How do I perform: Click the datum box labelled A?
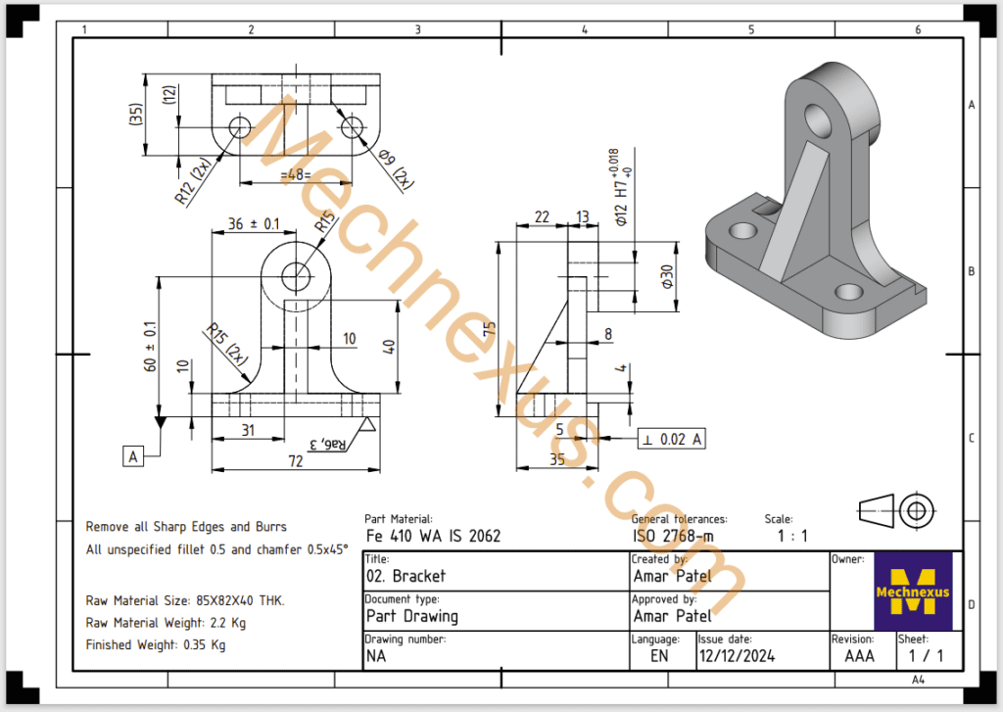[132, 454]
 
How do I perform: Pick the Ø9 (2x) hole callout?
[393, 167]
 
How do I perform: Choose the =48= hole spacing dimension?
[294, 175]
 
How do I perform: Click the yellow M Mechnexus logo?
[912, 590]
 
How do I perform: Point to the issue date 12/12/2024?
[736, 656]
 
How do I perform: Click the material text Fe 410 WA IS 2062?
[433, 536]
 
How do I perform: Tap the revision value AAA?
[859, 656]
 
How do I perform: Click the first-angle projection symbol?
[897, 509]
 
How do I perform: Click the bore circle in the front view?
[295, 273]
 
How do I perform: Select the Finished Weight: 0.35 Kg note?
[156, 645]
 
